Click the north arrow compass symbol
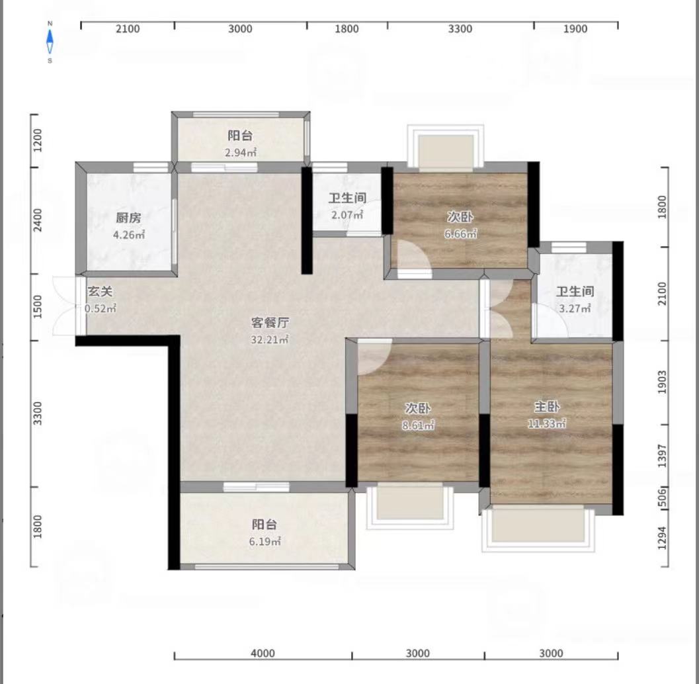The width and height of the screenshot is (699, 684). point(50,42)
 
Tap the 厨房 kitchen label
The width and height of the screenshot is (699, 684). point(128,218)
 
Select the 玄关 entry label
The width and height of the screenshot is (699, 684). point(100,292)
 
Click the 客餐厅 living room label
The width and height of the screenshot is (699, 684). point(270,322)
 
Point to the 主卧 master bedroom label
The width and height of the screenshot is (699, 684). point(546,407)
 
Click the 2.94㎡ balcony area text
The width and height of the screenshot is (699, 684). point(241,153)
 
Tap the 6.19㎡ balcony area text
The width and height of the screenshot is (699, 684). point(265,542)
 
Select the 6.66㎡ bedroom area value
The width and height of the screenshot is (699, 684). point(460,234)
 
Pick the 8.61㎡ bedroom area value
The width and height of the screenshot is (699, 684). point(418,425)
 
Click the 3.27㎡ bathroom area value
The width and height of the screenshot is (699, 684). point(575,308)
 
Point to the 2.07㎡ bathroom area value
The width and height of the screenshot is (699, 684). point(347,215)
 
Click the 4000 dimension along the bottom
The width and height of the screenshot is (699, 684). point(263,653)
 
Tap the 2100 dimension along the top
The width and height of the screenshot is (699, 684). point(128,29)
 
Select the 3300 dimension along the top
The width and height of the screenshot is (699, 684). point(460,29)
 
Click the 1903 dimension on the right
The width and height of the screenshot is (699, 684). point(663,382)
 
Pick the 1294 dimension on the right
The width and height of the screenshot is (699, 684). point(663,538)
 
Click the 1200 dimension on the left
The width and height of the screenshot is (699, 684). point(38,140)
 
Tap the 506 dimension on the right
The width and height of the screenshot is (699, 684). point(663,497)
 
